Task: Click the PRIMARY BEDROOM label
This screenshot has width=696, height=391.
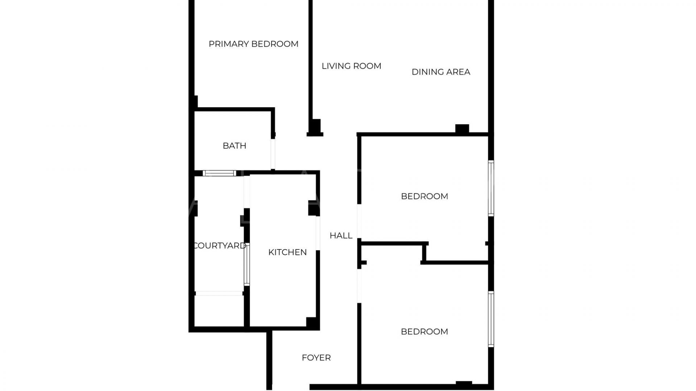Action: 253,44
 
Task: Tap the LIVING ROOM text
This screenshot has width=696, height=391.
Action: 351,66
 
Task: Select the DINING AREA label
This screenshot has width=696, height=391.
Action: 441,72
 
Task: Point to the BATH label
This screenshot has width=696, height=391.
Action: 234,146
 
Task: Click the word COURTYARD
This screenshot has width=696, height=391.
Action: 220,245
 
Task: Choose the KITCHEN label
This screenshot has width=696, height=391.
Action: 287,252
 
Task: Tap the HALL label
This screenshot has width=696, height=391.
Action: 341,235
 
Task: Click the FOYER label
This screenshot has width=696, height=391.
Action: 316,358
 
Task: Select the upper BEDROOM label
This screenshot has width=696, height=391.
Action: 424,196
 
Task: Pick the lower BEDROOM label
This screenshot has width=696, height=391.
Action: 424,332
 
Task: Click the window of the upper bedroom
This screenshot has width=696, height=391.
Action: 491,188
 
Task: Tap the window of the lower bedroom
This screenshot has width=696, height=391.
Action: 491,319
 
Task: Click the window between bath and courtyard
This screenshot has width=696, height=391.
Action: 219,173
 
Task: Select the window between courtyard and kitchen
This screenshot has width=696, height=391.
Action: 247,265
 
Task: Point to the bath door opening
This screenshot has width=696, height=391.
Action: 273,154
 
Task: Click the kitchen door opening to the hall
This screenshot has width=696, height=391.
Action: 318,233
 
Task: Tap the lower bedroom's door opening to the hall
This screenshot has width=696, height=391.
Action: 359,286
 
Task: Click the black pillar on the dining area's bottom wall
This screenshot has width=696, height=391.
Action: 462,129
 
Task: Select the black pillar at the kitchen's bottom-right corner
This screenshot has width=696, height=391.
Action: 312,323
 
